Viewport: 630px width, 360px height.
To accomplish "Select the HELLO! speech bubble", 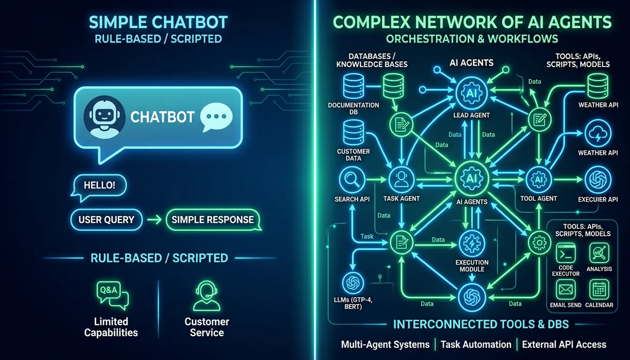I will click(x=99, y=185).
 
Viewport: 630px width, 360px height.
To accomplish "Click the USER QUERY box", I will click(x=106, y=219).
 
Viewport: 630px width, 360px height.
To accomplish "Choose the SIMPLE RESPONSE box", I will click(x=212, y=219).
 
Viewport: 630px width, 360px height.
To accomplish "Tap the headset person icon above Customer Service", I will click(x=207, y=295).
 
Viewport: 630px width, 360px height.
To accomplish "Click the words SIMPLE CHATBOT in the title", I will click(x=158, y=22).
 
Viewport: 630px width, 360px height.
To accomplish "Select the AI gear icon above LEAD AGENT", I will click(x=471, y=93).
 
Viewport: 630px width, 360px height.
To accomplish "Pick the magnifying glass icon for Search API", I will click(x=352, y=179).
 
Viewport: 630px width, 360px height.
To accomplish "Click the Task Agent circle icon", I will click(x=401, y=179).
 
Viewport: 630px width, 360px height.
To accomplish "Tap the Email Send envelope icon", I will click(x=566, y=289).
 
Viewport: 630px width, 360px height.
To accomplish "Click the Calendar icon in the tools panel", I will click(x=599, y=289).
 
